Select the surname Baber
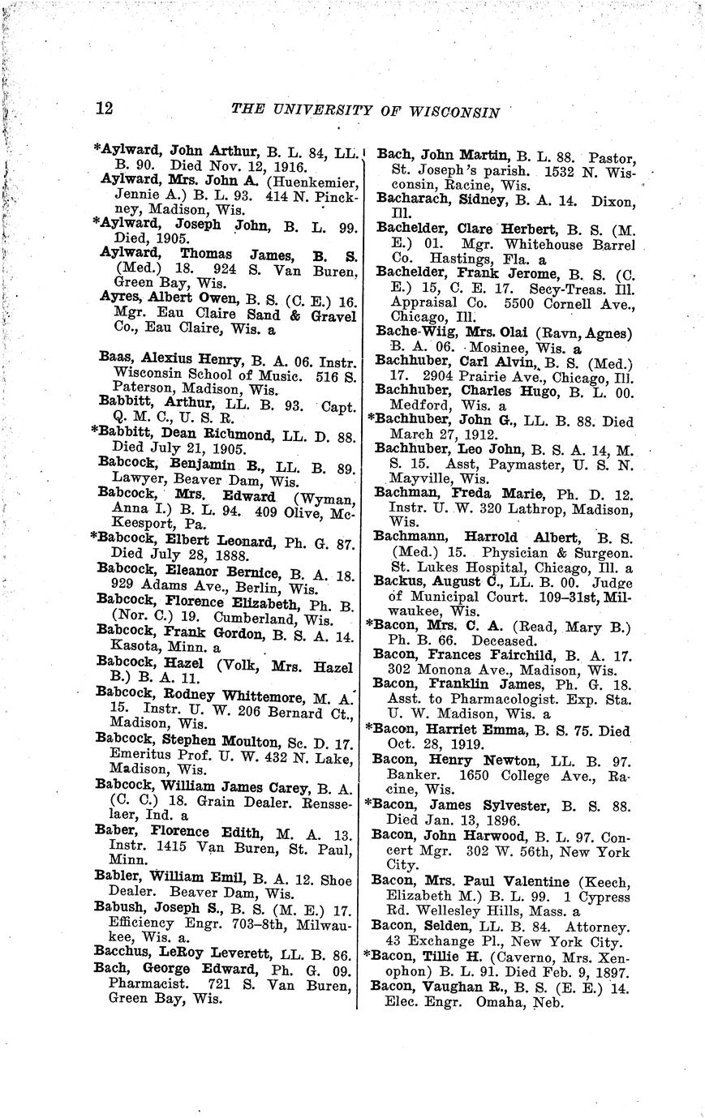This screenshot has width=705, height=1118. [x=116, y=833]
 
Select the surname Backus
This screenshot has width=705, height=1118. [x=397, y=581]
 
